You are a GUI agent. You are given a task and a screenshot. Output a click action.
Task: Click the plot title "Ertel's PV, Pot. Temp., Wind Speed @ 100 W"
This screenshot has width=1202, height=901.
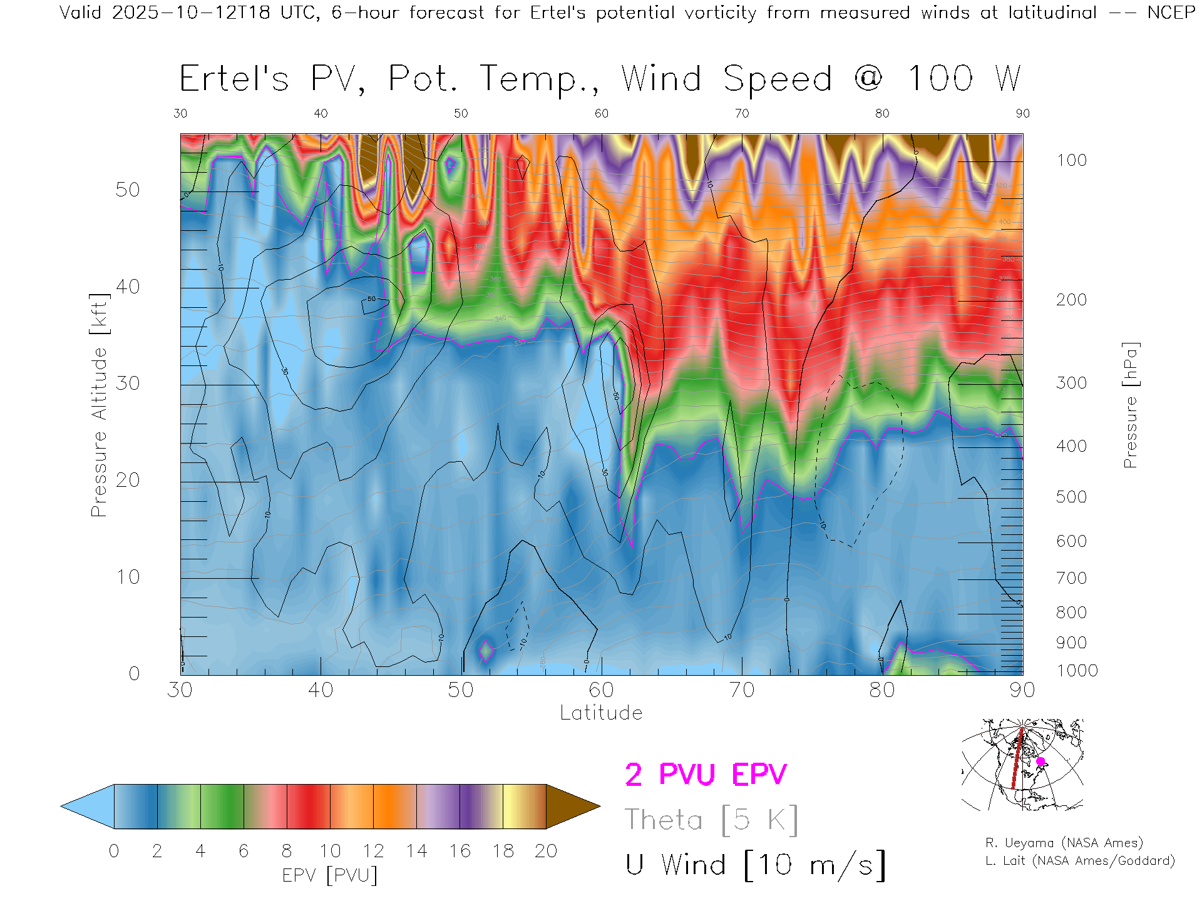pos(600,79)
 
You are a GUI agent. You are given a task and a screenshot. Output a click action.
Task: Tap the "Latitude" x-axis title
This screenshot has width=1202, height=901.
pos(601,713)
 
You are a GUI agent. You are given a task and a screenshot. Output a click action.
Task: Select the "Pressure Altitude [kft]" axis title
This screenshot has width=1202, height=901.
pos(99,405)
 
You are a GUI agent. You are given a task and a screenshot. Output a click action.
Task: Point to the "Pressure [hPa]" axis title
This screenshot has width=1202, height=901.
pos(1130,405)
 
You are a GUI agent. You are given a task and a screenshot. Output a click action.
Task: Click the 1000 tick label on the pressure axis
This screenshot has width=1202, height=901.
pos(1077,671)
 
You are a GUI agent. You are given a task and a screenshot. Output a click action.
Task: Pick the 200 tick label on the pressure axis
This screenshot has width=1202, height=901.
pos(1071,300)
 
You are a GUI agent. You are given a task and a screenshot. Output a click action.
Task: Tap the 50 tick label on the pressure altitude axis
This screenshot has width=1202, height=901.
pos(128,190)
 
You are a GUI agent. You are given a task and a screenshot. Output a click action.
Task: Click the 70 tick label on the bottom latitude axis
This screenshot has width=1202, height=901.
pos(741,690)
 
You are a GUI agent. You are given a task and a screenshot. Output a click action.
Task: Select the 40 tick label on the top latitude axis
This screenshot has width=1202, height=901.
pos(321,113)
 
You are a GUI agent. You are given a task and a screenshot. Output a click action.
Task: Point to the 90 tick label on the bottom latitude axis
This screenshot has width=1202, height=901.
pos(1022,690)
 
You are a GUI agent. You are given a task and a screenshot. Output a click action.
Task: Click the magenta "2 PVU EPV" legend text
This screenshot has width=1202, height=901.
pos(706,775)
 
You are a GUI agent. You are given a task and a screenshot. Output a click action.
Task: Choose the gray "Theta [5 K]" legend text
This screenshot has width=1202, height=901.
pos(711,820)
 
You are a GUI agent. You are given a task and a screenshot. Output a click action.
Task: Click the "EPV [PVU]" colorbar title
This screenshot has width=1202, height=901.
pos(330,875)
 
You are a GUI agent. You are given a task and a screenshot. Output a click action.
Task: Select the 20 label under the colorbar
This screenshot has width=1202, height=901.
pos(546,851)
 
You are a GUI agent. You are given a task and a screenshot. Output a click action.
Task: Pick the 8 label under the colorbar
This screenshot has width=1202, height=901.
pos(287,851)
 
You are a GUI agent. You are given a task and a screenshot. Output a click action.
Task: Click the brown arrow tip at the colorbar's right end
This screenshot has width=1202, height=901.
pos(573,807)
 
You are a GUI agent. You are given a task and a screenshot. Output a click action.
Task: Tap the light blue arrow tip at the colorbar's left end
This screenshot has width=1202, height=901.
pos(86,807)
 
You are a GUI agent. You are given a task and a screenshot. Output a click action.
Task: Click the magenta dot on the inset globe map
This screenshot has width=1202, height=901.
pos(1040,761)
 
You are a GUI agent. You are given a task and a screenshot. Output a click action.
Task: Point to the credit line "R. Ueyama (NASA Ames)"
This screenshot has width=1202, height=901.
pos(1064,843)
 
